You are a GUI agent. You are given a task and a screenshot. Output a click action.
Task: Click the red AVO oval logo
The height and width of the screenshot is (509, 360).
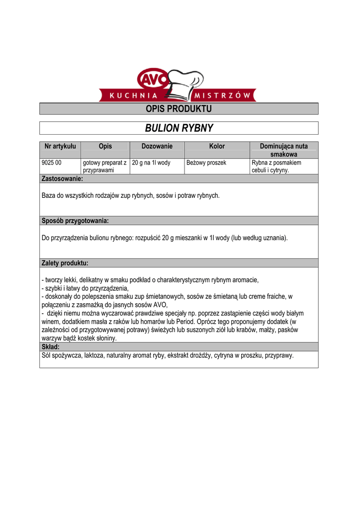(151, 80)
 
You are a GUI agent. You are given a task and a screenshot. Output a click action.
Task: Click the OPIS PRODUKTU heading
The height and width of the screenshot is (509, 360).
(179, 109)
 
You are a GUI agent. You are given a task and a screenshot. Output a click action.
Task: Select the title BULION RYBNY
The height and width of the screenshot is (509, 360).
(179, 128)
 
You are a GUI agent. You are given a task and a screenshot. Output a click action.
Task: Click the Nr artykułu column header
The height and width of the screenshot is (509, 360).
(60, 146)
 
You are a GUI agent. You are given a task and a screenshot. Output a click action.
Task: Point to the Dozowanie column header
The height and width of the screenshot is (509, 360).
(157, 146)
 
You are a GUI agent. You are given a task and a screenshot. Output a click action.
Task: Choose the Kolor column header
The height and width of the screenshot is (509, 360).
(217, 146)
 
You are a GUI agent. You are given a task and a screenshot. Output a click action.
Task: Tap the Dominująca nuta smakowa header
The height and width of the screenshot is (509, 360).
(283, 150)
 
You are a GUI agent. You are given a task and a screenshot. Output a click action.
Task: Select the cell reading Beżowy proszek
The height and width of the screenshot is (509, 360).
(206, 163)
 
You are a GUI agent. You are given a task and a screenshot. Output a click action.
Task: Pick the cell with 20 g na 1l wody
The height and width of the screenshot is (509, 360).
(151, 163)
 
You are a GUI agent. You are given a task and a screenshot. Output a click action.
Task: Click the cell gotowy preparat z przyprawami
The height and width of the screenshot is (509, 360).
(104, 167)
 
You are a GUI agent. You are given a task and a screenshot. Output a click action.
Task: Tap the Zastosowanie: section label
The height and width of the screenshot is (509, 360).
(62, 178)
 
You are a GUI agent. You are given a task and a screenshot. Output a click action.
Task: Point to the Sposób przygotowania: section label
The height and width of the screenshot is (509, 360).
(75, 221)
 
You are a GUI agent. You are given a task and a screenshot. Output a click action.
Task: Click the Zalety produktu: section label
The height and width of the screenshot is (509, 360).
(65, 263)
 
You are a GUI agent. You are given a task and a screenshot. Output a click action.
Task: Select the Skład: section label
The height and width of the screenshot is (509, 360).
(50, 346)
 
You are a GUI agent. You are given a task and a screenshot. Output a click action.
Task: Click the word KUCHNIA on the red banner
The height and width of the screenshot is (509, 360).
(133, 95)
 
